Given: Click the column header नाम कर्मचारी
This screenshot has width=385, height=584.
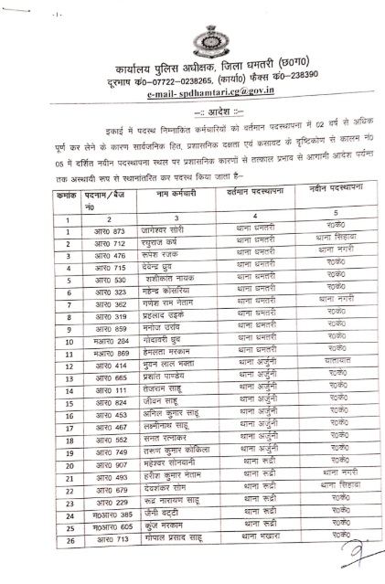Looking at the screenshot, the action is click(161, 195).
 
